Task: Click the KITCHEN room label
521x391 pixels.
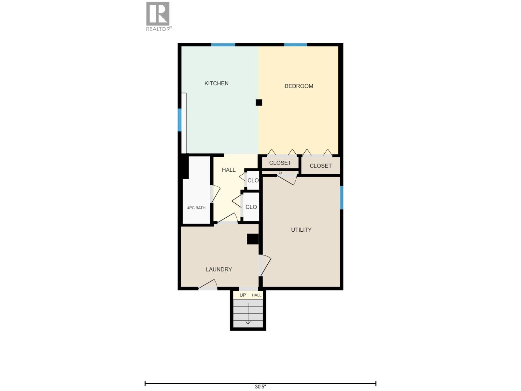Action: pos(216,83)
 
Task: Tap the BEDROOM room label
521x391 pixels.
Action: pos(299,86)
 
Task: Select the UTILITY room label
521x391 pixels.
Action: pos(301,230)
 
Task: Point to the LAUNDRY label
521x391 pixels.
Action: pos(219,269)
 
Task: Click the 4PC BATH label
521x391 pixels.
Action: pos(196,208)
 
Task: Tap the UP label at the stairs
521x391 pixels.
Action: pos(243,295)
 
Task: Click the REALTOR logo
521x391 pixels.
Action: pos(158,16)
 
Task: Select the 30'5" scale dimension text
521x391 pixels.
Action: pos(260,387)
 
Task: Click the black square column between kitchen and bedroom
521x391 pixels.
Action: pos(259,103)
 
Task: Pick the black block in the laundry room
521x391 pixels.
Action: pos(253,239)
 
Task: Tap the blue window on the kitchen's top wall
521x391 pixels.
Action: pos(223,45)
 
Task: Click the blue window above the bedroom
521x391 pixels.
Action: pos(295,45)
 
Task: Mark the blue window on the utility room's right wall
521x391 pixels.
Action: pos(342,197)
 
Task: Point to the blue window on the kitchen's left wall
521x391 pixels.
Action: pos(179,120)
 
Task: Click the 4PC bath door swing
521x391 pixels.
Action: pos(215,194)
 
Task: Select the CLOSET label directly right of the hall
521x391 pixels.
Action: pos(280,163)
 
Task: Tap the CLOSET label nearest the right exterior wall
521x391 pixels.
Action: pos(320,166)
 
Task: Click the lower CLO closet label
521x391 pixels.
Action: pos(251,207)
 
